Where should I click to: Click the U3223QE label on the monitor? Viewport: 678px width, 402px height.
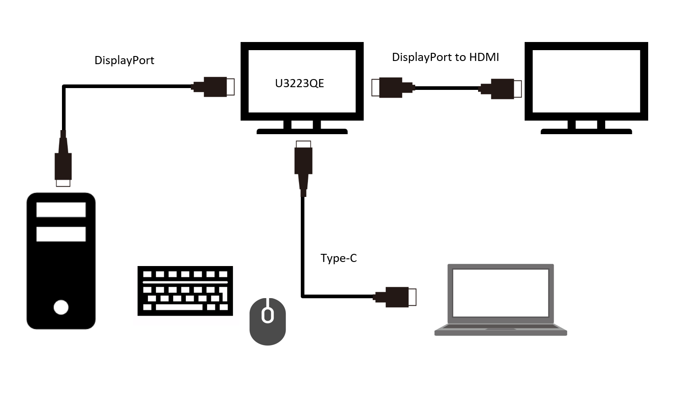click(x=299, y=83)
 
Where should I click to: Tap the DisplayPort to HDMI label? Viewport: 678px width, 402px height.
click(x=445, y=57)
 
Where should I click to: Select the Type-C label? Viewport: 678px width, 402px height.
click(x=338, y=258)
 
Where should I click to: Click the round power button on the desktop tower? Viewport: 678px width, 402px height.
click(x=61, y=308)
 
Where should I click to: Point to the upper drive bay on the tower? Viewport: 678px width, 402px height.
click(x=61, y=210)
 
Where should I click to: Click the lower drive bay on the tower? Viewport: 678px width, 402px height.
click(x=61, y=234)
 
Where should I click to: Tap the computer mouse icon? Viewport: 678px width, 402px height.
click(x=268, y=321)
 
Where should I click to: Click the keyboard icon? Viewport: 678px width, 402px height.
click(x=185, y=291)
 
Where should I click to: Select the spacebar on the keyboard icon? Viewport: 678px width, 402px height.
click(x=179, y=308)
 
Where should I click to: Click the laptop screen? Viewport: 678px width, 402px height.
click(x=501, y=293)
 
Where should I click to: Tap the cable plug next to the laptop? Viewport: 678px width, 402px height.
click(x=395, y=297)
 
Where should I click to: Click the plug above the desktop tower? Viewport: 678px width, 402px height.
click(x=63, y=159)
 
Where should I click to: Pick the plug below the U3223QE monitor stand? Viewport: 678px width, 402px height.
click(x=303, y=168)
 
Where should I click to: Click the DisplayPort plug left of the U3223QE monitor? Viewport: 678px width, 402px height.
click(x=213, y=87)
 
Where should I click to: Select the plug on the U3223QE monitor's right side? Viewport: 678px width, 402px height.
click(x=393, y=88)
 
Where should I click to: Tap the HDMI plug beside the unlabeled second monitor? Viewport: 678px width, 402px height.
click(x=500, y=89)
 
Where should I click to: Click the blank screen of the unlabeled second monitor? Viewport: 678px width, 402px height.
click(x=586, y=81)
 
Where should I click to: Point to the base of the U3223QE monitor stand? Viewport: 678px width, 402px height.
click(x=302, y=131)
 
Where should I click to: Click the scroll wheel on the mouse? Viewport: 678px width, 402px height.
click(x=268, y=315)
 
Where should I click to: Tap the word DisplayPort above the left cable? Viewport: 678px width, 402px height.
click(x=124, y=60)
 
